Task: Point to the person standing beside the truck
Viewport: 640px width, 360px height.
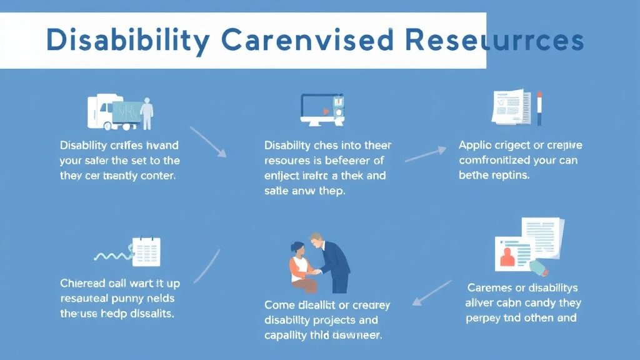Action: (x=147, y=112)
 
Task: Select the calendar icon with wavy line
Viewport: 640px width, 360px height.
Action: (x=146, y=251)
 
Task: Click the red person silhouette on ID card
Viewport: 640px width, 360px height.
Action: (x=506, y=256)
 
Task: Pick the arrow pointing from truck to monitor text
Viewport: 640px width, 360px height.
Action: (x=208, y=142)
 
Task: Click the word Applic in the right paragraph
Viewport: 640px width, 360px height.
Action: (x=475, y=146)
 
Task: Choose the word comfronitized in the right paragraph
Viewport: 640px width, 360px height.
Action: (x=497, y=160)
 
